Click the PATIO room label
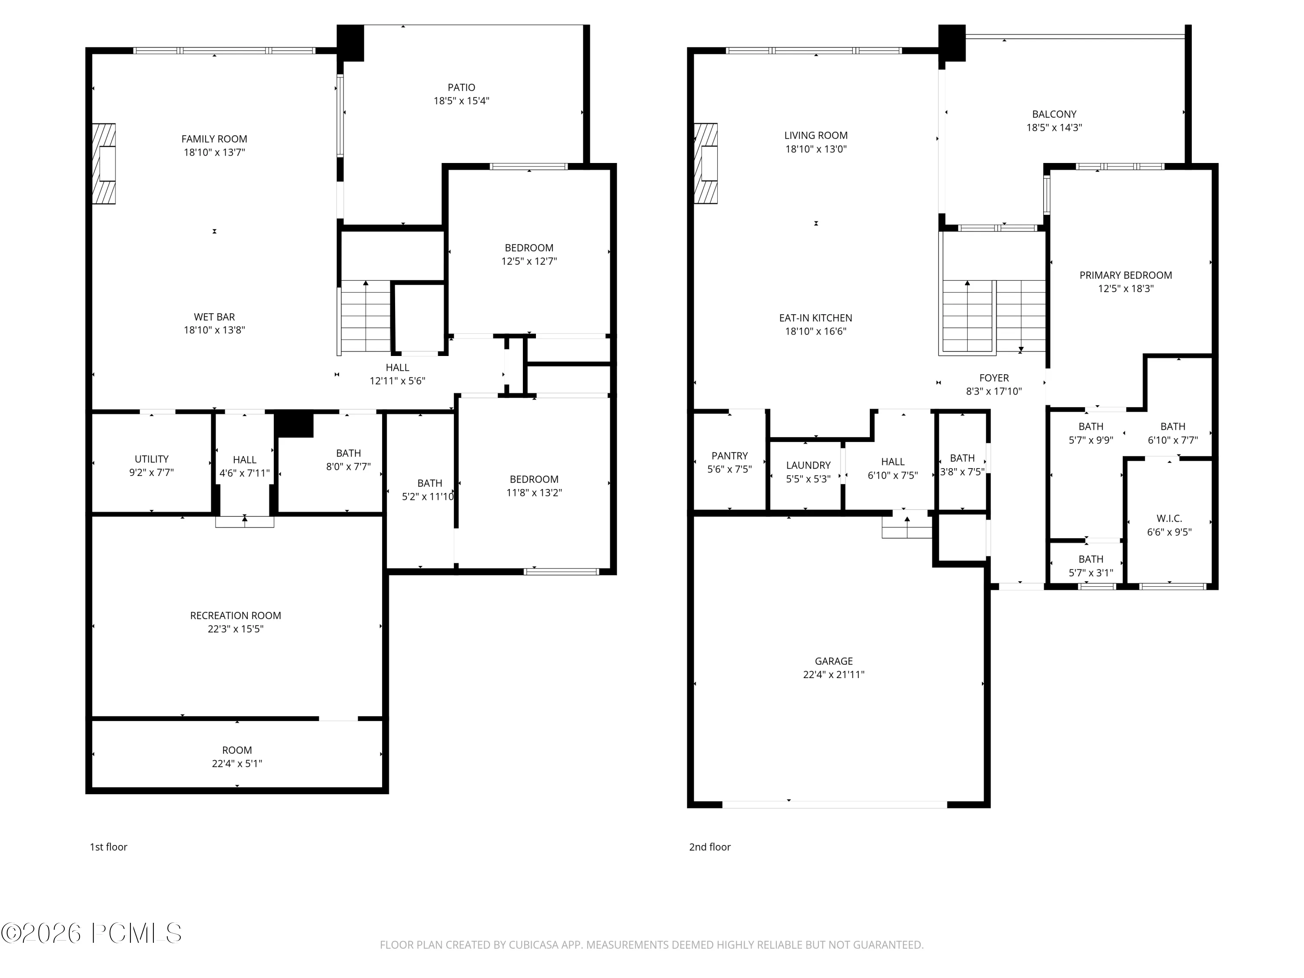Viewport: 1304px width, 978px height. click(461, 88)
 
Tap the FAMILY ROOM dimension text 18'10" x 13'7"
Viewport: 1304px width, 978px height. click(214, 153)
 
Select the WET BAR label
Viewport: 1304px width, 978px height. click(214, 317)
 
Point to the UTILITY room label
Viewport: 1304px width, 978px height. click(152, 459)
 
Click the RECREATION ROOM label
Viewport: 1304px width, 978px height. click(235, 615)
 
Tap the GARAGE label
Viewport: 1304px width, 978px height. click(834, 662)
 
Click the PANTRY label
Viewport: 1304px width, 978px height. click(729, 456)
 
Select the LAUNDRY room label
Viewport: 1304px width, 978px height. click(808, 465)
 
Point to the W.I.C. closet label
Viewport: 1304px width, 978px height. click(1169, 519)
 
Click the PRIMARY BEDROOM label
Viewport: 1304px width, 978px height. click(1125, 275)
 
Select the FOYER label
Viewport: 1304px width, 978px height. click(994, 378)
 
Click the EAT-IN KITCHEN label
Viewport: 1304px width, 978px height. click(815, 318)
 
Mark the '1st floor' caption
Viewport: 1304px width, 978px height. click(109, 847)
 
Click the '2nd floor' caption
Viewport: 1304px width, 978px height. click(710, 847)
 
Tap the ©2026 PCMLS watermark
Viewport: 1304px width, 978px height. click(91, 933)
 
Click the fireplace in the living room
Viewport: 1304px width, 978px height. click(705, 163)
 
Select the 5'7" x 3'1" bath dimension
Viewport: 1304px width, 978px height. click(1091, 573)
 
